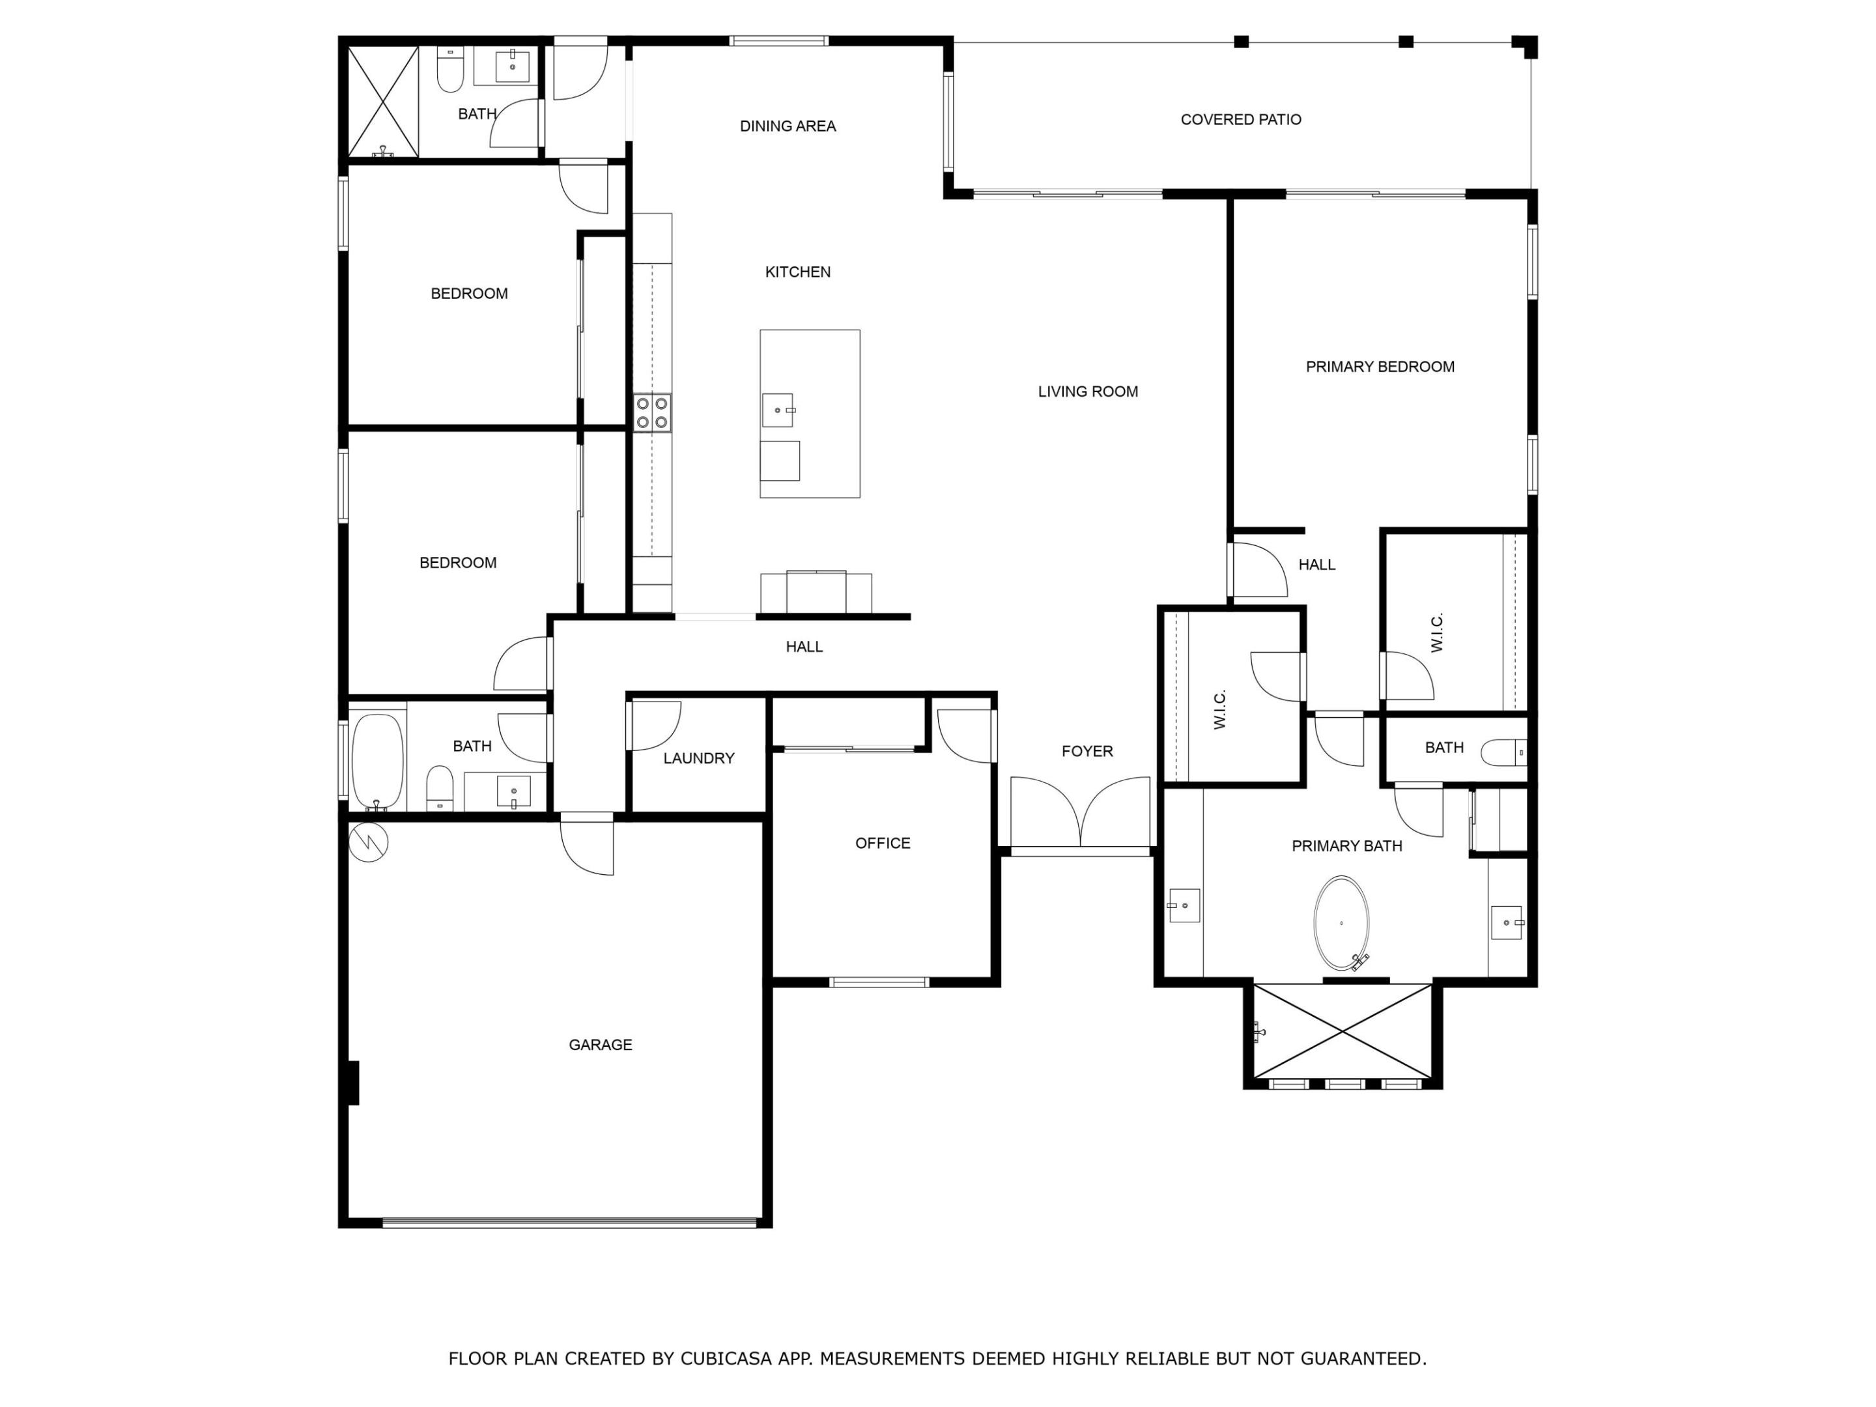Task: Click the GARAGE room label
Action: [x=601, y=1045]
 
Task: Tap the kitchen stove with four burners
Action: [x=652, y=413]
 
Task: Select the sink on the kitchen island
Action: [x=778, y=410]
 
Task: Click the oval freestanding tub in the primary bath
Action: [x=1341, y=923]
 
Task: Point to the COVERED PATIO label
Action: [x=1241, y=120]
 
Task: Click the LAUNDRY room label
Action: [x=699, y=758]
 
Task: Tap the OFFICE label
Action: [x=883, y=843]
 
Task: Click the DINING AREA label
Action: [x=788, y=126]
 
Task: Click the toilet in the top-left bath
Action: [x=450, y=70]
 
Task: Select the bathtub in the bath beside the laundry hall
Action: [x=377, y=761]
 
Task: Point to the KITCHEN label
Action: [x=798, y=272]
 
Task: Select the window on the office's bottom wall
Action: [x=879, y=982]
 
